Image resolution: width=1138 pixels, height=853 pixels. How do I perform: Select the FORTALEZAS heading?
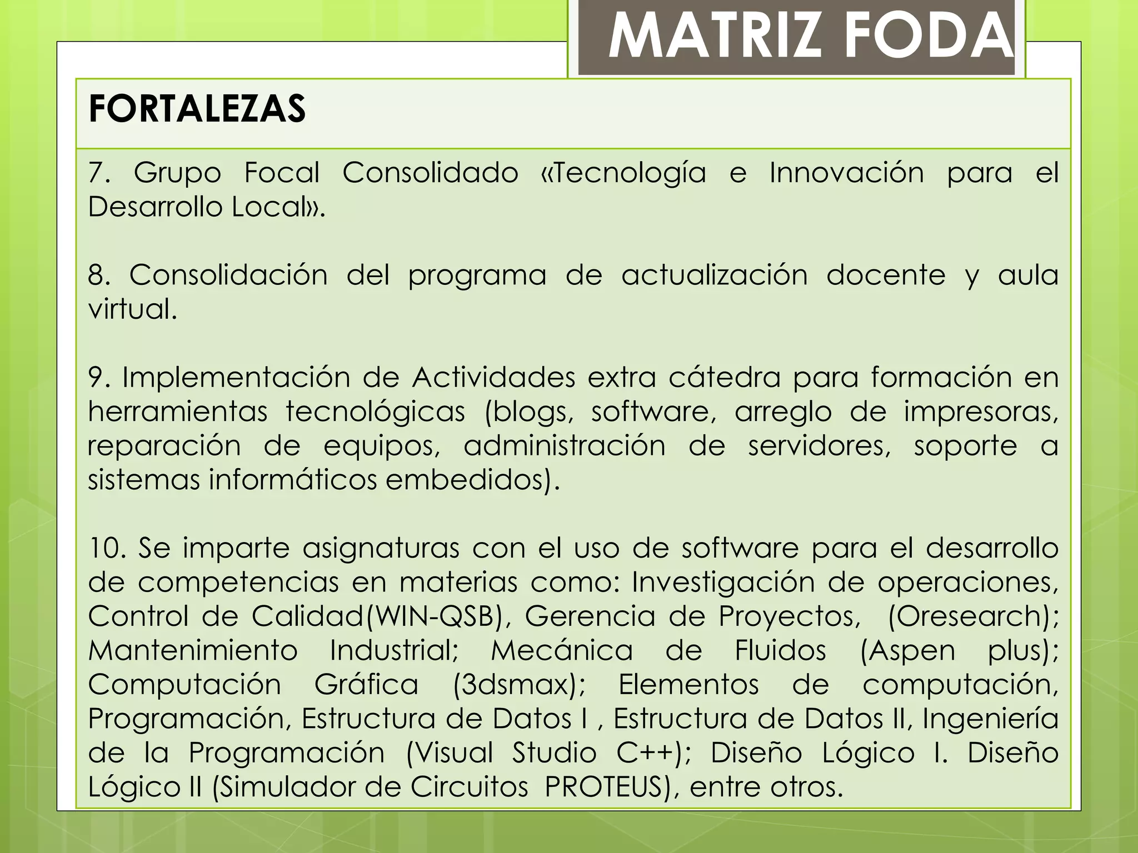(197, 109)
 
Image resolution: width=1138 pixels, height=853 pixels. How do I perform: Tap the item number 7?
(98, 173)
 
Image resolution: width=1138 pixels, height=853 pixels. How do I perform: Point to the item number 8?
(98, 275)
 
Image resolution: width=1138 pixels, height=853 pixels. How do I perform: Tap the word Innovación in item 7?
(846, 173)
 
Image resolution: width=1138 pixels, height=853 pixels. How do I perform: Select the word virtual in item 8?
(132, 309)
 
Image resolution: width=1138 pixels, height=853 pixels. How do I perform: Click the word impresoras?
(980, 412)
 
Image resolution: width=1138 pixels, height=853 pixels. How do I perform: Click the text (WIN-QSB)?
(438, 616)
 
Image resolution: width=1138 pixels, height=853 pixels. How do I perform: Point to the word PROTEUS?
(604, 787)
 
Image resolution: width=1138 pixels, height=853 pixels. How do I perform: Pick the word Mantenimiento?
(193, 651)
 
